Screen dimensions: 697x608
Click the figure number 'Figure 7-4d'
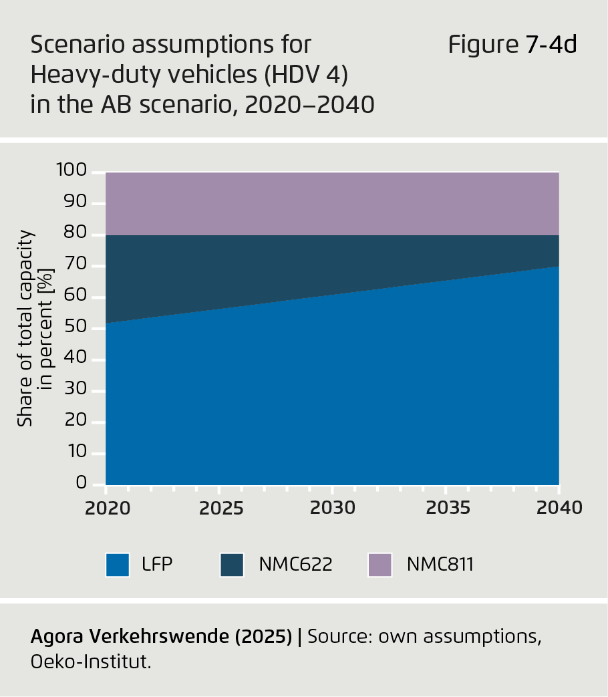(x=512, y=45)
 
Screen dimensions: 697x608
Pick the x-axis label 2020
(x=107, y=508)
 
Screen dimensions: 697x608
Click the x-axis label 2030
(x=333, y=508)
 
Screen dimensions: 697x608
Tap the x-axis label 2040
(x=559, y=508)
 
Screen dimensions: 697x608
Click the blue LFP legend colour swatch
(x=118, y=565)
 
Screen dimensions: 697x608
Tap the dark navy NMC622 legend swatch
(x=232, y=565)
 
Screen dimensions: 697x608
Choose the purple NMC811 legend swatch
(x=379, y=565)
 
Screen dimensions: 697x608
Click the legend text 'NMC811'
(x=440, y=565)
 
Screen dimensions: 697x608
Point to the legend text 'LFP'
(x=158, y=565)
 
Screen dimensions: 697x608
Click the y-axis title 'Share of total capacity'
(x=25, y=328)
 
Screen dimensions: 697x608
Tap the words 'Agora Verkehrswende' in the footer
(x=129, y=637)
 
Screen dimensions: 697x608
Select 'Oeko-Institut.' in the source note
(x=92, y=663)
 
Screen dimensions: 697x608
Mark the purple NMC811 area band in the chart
(x=333, y=203)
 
